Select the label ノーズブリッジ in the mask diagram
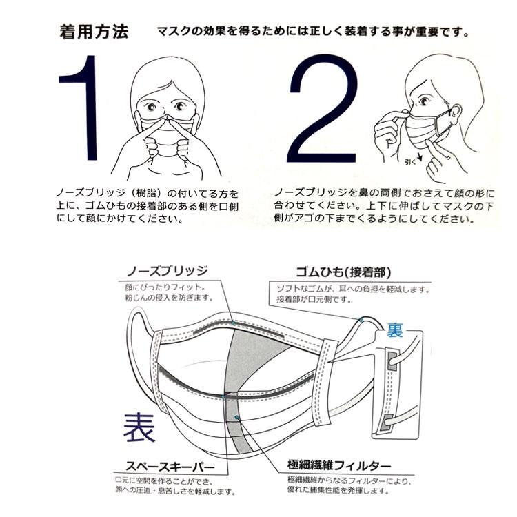tap(169, 270)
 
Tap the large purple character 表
tap(139, 427)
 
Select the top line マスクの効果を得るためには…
tap(314, 32)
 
